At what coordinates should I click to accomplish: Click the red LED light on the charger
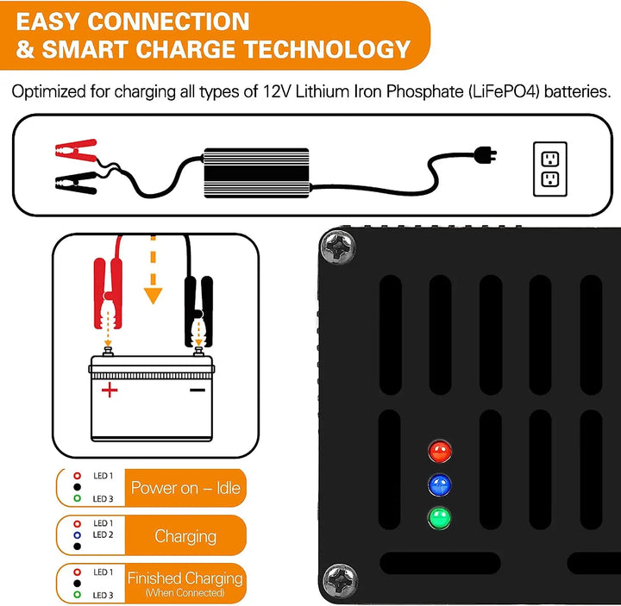point(441,450)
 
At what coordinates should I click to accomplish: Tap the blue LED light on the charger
point(441,484)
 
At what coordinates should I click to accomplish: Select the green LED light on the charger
point(441,518)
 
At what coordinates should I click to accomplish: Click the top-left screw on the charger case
point(336,247)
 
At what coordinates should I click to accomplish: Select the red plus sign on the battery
point(110,390)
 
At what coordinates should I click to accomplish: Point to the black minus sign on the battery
point(198,389)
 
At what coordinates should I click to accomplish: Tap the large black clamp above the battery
point(198,306)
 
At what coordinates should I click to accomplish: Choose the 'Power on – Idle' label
point(185,489)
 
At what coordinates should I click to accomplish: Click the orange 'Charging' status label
point(185,536)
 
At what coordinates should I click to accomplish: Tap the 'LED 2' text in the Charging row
point(103,534)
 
